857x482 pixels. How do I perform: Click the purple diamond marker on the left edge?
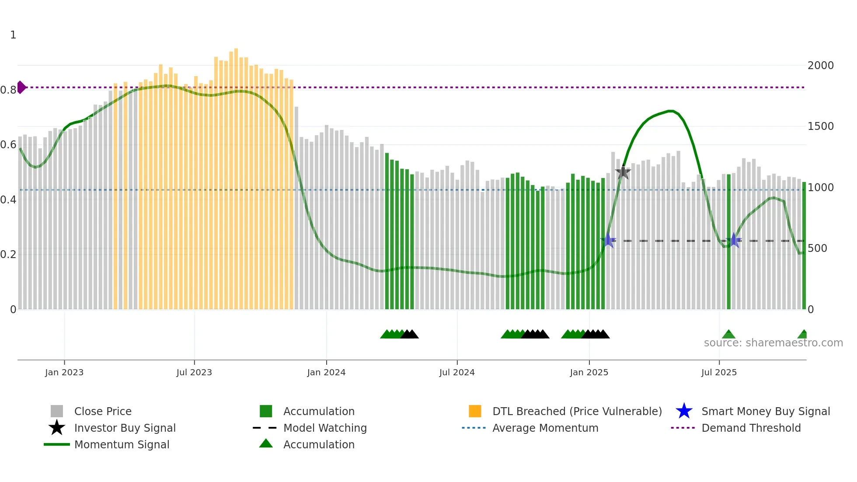[21, 87]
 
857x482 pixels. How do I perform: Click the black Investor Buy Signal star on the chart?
[623, 172]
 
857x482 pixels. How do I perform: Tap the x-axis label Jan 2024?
[326, 372]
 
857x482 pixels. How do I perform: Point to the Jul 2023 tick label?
[194, 372]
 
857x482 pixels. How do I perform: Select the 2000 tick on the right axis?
[821, 66]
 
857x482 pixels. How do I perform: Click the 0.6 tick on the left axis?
[8, 145]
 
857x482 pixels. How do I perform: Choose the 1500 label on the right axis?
[821, 126]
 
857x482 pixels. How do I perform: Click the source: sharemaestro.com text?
[773, 343]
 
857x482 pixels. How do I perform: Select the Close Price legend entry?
[102, 411]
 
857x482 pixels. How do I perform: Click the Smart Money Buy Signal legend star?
[684, 411]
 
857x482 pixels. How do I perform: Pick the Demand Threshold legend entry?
[751, 428]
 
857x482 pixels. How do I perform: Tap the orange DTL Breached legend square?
[475, 411]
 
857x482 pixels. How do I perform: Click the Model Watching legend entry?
[324, 428]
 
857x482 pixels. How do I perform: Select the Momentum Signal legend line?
[57, 444]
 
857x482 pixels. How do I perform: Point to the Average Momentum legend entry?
[545, 428]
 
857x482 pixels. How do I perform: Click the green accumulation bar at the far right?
[804, 245]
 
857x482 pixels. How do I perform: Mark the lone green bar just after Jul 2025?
[728, 241]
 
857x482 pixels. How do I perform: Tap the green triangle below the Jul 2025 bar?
[728, 335]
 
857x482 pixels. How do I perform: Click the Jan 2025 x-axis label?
[589, 372]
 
